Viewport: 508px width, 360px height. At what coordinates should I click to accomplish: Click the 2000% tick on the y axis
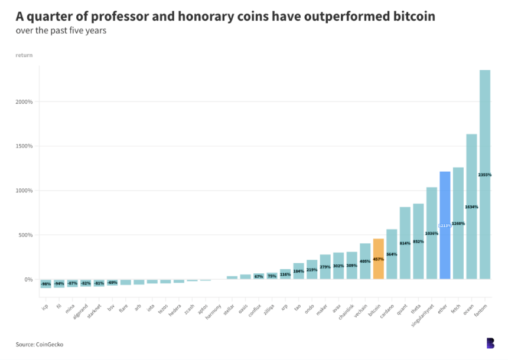click(x=24, y=102)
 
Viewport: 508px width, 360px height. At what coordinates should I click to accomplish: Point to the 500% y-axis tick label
click(x=26, y=235)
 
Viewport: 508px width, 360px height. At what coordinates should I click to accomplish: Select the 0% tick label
click(x=28, y=279)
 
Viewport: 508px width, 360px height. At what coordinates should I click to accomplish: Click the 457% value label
click(x=379, y=259)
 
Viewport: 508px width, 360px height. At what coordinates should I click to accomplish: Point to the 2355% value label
click(x=485, y=175)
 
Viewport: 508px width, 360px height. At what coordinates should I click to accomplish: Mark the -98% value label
click(x=45, y=284)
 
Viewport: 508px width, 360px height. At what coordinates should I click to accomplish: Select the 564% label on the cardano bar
click(x=392, y=254)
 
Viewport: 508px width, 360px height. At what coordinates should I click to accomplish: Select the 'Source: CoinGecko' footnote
click(x=40, y=344)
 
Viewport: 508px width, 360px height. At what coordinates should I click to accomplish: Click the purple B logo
click(x=490, y=343)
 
